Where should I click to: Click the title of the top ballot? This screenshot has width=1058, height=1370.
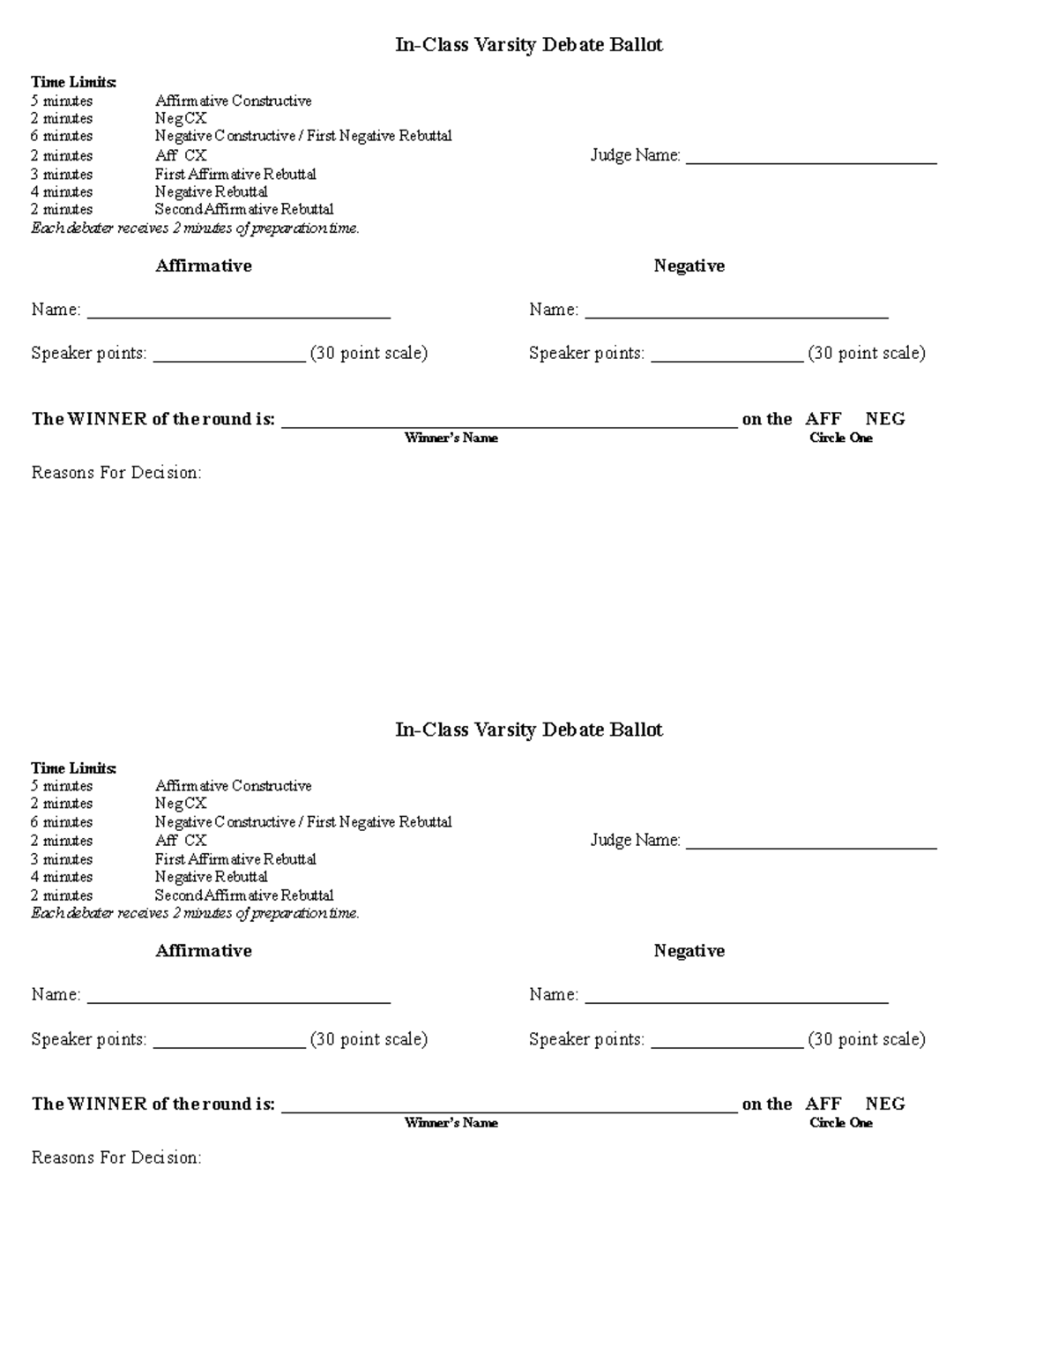click(528, 45)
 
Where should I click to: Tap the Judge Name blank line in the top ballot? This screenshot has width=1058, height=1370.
click(810, 159)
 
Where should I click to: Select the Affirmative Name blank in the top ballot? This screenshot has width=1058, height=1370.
click(238, 312)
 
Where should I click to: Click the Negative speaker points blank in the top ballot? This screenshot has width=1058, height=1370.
click(726, 356)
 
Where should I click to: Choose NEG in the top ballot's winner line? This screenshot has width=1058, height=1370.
click(884, 419)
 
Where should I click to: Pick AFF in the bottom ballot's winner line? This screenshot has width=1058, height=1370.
click(823, 1104)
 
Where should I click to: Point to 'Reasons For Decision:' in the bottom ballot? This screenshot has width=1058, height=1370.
click(116, 1157)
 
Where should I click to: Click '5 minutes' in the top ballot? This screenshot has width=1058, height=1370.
click(62, 101)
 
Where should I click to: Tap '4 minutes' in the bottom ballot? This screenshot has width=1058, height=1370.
click(62, 877)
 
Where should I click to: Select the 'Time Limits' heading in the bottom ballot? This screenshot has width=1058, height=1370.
click(74, 767)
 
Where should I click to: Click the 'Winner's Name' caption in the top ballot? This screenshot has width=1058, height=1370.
click(451, 438)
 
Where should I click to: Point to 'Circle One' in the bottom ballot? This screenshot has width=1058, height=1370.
click(840, 1122)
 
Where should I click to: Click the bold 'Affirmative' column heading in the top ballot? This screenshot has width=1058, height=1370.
click(204, 266)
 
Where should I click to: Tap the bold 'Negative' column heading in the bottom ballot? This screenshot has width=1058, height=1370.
click(689, 950)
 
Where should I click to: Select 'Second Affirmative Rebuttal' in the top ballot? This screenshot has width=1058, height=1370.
click(244, 209)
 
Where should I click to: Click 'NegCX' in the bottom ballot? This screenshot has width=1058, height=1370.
click(181, 804)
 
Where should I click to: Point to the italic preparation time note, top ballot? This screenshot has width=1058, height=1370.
click(195, 228)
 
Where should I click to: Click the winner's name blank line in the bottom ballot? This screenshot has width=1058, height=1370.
click(509, 1108)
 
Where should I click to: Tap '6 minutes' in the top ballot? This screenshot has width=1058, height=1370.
click(62, 136)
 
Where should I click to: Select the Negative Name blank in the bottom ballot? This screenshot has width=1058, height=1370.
click(736, 998)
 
